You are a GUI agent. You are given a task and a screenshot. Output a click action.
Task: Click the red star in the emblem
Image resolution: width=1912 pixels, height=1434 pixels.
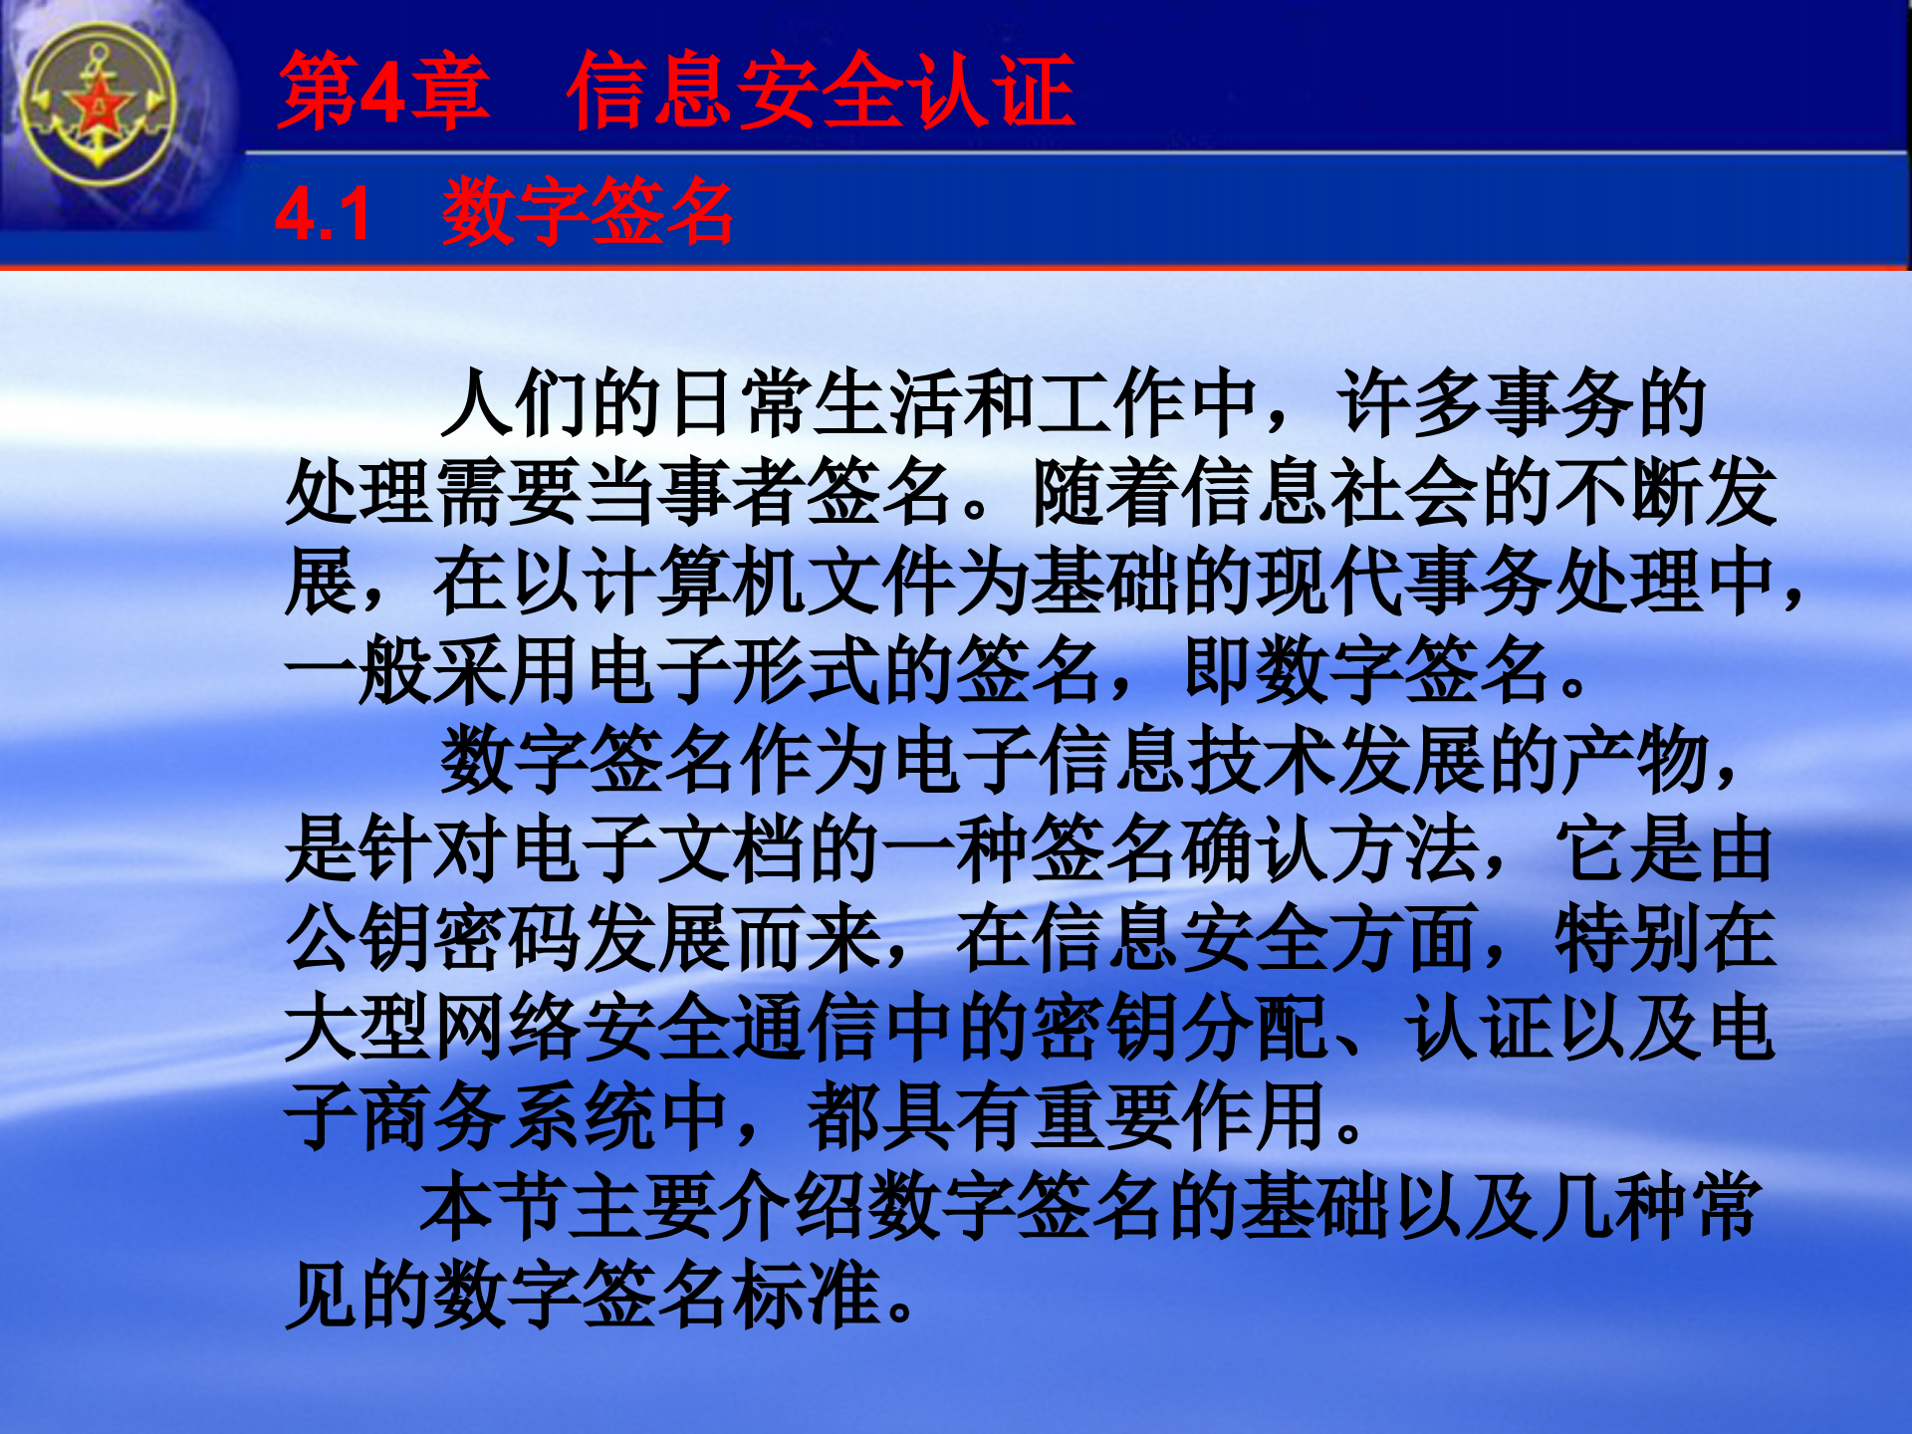click(100, 105)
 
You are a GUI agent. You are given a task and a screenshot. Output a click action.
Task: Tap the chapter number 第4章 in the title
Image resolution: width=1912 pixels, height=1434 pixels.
click(383, 92)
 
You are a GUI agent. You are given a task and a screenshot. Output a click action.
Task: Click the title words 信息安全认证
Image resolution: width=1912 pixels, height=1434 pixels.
click(821, 92)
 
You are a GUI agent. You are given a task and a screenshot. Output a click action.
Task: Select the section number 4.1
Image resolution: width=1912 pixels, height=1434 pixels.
click(323, 213)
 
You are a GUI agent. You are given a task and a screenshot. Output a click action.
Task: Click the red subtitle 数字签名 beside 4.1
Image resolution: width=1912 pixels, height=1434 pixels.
click(588, 211)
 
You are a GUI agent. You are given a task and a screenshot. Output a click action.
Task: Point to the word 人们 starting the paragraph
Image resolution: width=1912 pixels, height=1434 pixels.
click(516, 403)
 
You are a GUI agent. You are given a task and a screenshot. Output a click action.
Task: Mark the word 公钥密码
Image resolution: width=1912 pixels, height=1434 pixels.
click(435, 938)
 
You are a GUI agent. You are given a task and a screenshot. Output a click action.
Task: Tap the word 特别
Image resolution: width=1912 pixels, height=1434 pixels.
click(1628, 938)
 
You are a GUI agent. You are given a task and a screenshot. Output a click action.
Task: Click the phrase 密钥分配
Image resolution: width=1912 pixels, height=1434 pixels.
click(1180, 1028)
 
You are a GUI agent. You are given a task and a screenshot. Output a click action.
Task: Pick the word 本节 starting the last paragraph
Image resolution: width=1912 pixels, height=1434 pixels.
click(495, 1207)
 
